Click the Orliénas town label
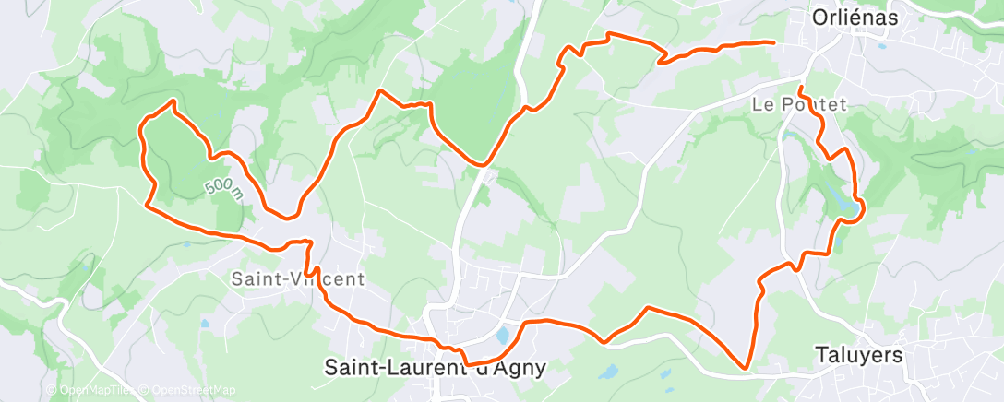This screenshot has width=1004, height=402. (854, 17)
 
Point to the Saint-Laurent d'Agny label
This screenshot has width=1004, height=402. (436, 366)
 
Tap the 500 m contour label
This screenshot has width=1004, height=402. (223, 186)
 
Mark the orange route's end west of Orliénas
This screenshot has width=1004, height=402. (772, 42)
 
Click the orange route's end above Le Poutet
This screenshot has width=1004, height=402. (800, 88)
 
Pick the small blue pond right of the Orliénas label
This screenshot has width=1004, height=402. (882, 45)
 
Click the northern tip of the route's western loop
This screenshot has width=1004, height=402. (172, 100)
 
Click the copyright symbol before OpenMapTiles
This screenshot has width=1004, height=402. (51, 390)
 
